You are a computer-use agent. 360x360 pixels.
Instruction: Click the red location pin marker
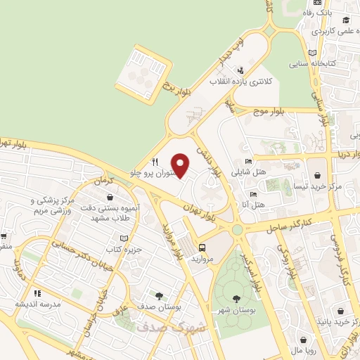point(181,165)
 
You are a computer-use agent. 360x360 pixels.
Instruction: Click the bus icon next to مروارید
point(202,247)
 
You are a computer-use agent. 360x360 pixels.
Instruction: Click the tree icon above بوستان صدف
point(159,295)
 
